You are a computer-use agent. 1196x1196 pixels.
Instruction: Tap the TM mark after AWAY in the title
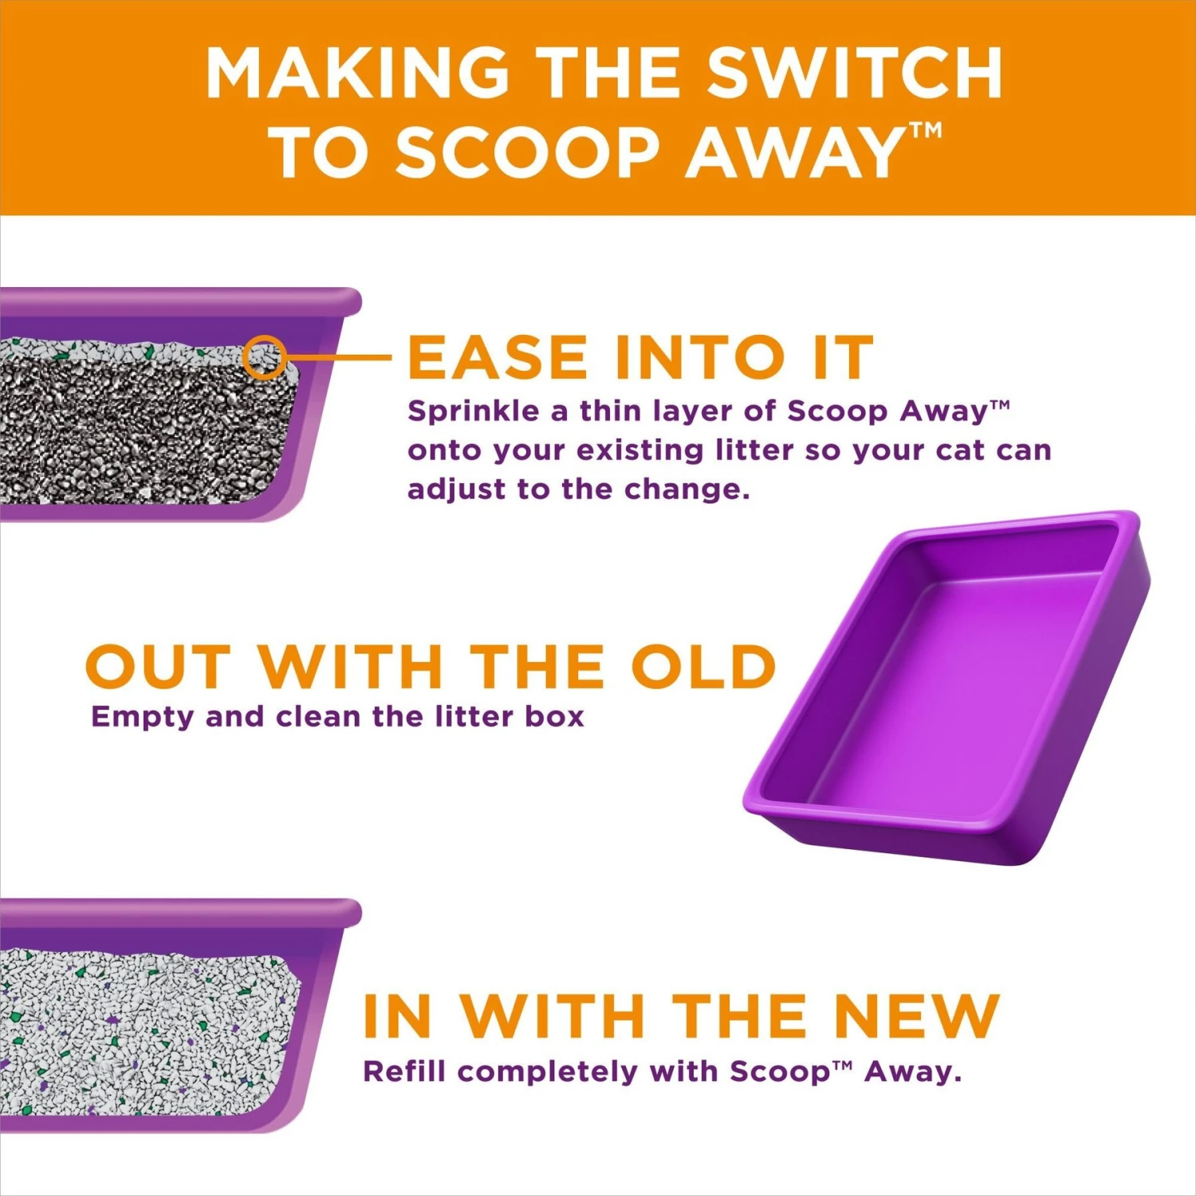pyautogui.click(x=925, y=130)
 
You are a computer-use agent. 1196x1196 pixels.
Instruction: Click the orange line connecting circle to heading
pyautogui.click(x=339, y=358)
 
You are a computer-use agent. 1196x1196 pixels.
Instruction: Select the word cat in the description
pyautogui.click(x=959, y=450)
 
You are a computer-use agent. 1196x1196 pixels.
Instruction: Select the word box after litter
pyautogui.click(x=554, y=716)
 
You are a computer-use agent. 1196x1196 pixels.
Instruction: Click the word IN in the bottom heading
pyautogui.click(x=397, y=1017)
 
